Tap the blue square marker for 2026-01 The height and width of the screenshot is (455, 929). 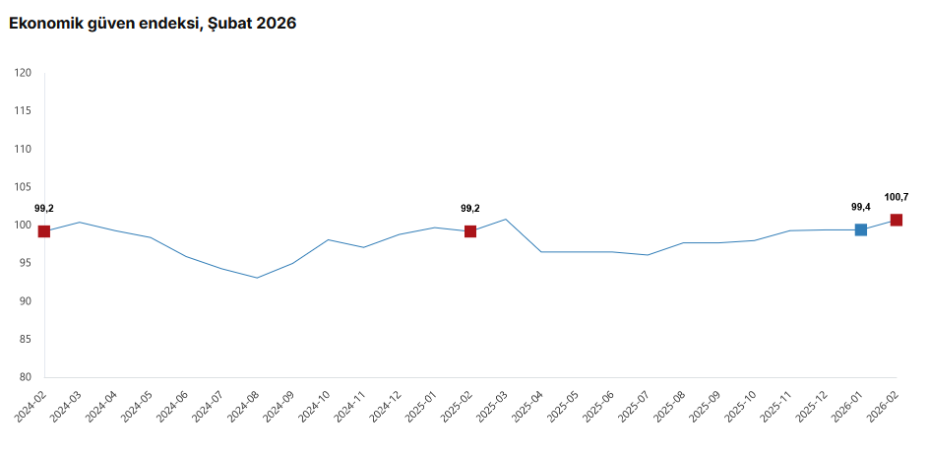click(861, 229)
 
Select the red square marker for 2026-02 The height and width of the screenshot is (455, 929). click(897, 220)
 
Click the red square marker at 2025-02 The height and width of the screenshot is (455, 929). click(470, 231)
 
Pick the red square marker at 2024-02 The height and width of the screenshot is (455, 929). click(44, 231)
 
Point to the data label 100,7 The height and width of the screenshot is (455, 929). click(897, 197)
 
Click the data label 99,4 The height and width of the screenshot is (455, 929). click(861, 207)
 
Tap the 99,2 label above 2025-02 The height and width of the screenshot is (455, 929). click(470, 208)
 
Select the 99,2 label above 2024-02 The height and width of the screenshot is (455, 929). click(44, 208)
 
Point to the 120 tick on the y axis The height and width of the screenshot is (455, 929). click(24, 73)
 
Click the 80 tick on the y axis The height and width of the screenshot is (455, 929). click(26, 377)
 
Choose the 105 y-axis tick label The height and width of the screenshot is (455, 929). click(24, 187)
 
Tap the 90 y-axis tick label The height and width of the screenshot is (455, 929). click(26, 301)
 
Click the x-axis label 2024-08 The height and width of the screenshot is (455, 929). click(245, 406)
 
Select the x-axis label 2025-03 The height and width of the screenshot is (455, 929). click(494, 406)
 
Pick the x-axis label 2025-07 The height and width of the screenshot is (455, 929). click(636, 406)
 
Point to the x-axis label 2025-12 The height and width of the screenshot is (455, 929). click(813, 406)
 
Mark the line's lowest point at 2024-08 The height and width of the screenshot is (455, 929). click(257, 278)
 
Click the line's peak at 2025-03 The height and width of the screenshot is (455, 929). click(506, 219)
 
